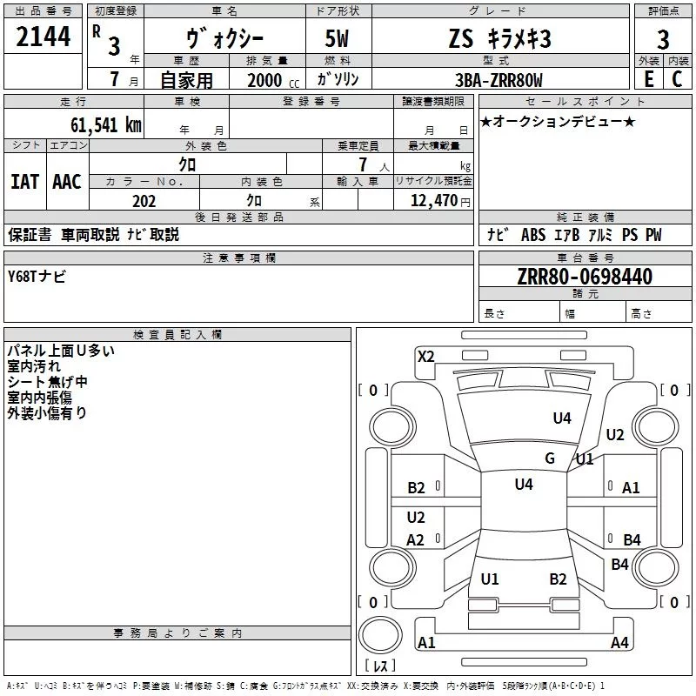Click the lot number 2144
click(x=43, y=40)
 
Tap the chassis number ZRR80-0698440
click(x=584, y=278)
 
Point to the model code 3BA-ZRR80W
click(x=499, y=80)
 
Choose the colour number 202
click(x=144, y=201)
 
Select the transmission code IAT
click(x=25, y=182)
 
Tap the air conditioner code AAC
click(x=67, y=182)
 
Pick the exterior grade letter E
click(x=647, y=80)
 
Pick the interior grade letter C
click(x=676, y=80)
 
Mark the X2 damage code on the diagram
click(x=426, y=355)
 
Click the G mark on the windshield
click(x=550, y=458)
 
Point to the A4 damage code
click(x=619, y=643)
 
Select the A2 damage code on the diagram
click(x=416, y=540)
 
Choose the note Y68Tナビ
click(x=36, y=277)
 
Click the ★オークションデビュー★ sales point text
click(x=558, y=121)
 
